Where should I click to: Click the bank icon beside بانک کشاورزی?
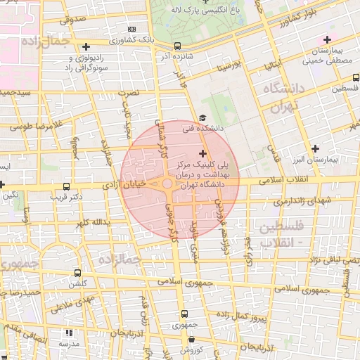132,29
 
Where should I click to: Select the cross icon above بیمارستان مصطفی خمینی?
326,39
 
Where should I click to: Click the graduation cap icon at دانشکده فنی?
202,117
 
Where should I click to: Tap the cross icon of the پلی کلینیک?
203,153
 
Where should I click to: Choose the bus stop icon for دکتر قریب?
66,187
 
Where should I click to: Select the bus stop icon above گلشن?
77,273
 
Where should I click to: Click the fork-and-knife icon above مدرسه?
68,333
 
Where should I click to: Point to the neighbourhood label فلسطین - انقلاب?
281,234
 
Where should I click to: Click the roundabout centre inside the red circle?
169,184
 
